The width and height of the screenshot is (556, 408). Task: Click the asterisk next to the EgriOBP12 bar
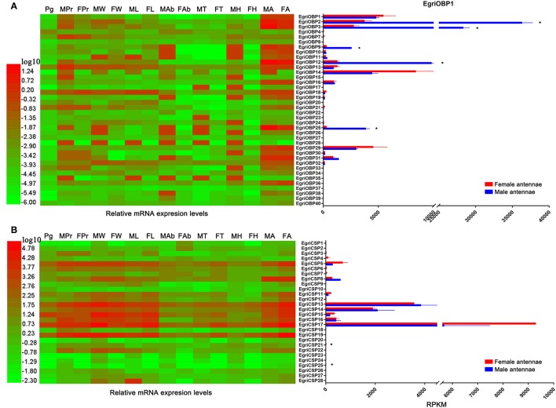coord(443,63)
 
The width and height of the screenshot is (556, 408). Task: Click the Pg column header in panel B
coord(49,236)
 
